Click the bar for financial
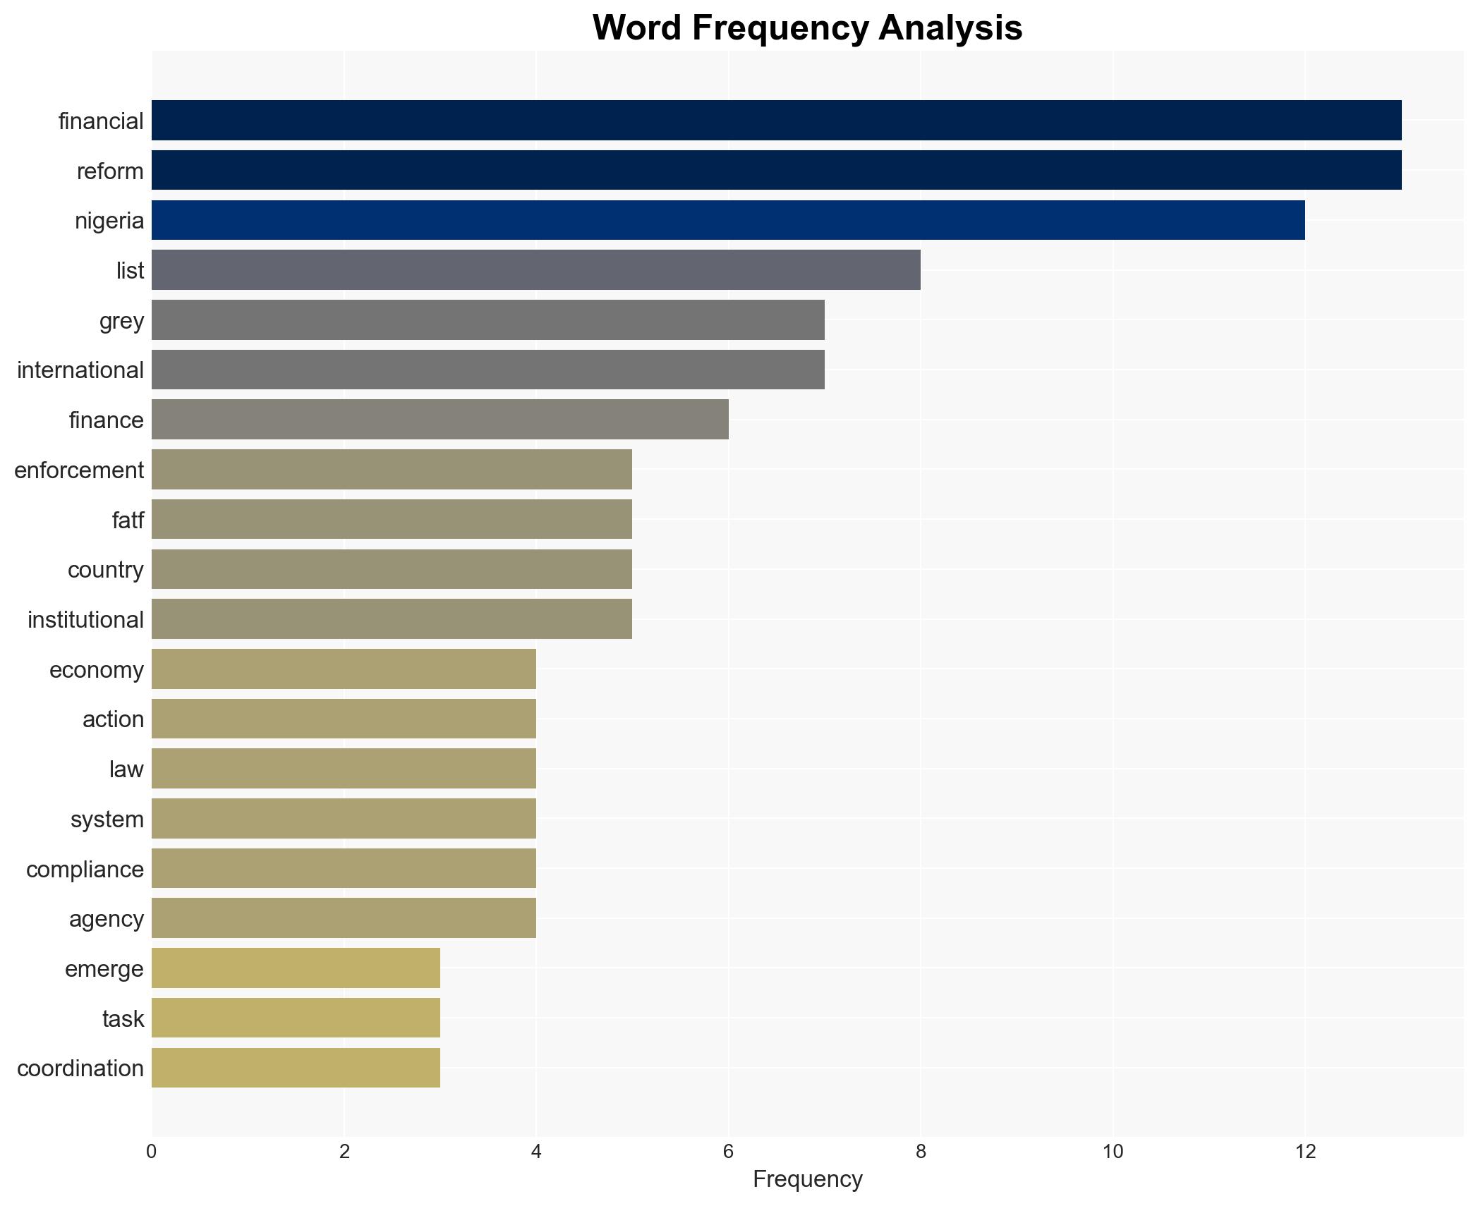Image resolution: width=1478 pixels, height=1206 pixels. (776, 121)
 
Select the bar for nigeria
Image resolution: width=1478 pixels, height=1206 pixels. (728, 220)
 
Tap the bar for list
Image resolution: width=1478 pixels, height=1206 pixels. (536, 270)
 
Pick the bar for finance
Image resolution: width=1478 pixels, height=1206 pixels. (440, 420)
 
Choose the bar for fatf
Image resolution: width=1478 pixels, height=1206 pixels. (392, 520)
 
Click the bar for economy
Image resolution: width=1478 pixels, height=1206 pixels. (344, 669)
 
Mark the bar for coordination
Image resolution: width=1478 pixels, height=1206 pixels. (296, 1068)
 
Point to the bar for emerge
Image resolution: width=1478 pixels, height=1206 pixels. (296, 968)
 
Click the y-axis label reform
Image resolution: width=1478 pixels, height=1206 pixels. (110, 171)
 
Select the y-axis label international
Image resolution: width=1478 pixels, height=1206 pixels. (80, 370)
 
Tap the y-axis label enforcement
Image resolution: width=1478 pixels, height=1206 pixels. (79, 470)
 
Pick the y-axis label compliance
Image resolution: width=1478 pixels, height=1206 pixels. (85, 870)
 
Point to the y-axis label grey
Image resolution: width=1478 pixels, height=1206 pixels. (121, 321)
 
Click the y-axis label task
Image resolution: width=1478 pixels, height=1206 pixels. (123, 1019)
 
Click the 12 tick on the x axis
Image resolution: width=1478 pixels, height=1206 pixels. (1305, 1152)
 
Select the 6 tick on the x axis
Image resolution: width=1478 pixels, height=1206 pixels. (728, 1152)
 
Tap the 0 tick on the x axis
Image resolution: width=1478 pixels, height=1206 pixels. (152, 1152)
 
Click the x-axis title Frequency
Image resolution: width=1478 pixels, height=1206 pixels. (807, 1179)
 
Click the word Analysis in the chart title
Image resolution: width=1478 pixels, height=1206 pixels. (950, 28)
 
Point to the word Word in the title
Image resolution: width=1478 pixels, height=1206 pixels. (638, 28)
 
